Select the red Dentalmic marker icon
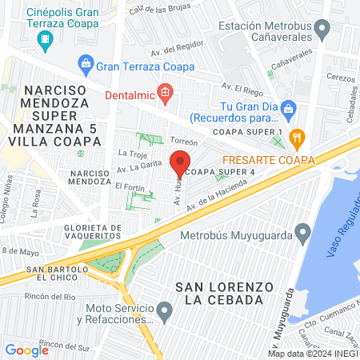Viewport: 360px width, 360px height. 165,93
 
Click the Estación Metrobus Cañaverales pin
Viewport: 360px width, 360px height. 322,31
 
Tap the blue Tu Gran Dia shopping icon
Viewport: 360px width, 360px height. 290,109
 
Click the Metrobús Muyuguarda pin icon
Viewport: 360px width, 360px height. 302,234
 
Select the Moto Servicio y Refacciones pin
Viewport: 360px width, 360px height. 165,310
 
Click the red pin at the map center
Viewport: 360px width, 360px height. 179,165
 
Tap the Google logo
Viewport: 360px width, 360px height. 26,350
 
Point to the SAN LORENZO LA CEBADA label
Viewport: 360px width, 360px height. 218,293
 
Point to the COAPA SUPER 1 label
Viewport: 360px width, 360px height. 258,131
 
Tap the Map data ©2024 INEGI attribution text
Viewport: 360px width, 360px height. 312,353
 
